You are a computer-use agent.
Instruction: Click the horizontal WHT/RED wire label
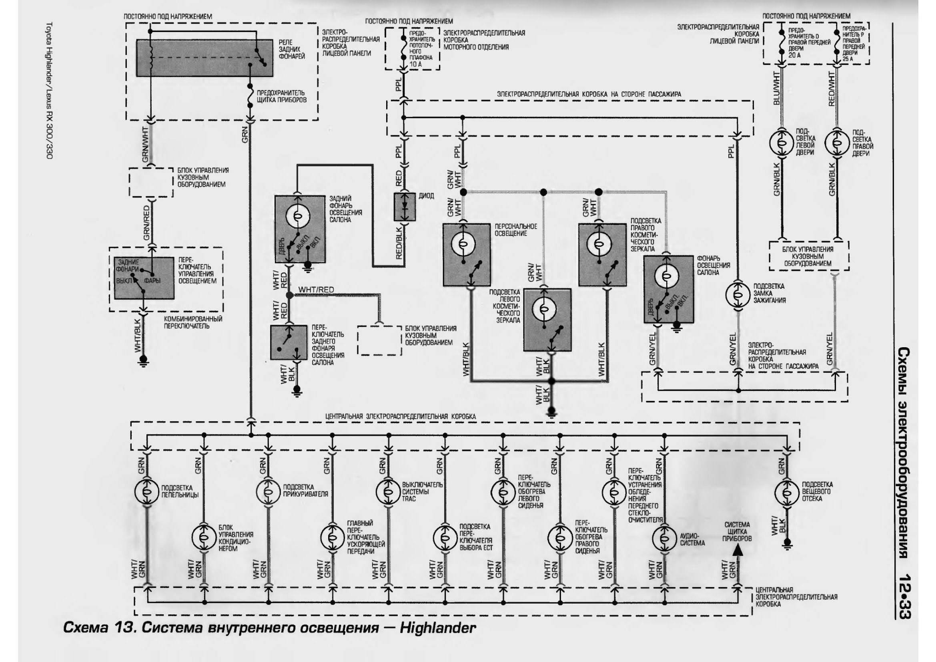pos(316,290)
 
